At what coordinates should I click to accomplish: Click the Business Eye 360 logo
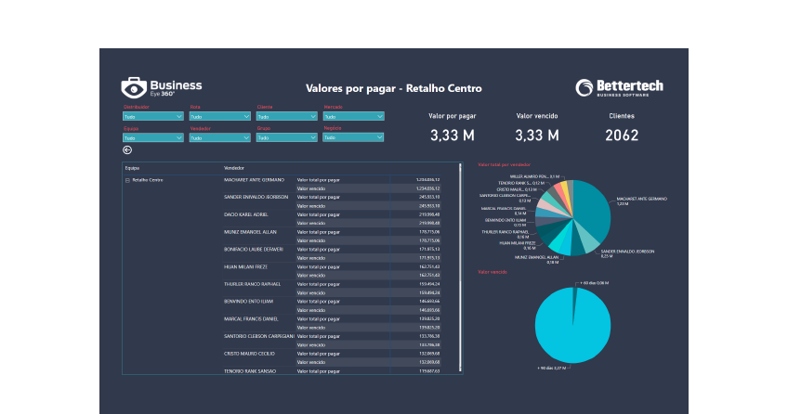click(x=162, y=88)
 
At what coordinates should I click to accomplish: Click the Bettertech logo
click(x=619, y=88)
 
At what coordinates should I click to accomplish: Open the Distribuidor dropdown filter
click(x=153, y=117)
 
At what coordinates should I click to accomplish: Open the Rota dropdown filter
click(x=219, y=117)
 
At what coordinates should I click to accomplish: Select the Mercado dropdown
click(x=353, y=117)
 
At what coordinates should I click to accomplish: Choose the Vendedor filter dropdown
click(x=219, y=137)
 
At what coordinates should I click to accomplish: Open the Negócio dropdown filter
click(x=353, y=137)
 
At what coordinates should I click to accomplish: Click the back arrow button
click(x=127, y=150)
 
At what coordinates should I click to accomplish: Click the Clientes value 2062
click(x=622, y=136)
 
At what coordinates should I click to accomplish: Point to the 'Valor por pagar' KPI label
click(x=453, y=117)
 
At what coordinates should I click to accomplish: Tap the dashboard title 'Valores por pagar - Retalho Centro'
click(x=394, y=89)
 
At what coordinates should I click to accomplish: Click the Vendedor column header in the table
click(x=234, y=168)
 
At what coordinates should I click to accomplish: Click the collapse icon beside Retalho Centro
click(x=126, y=179)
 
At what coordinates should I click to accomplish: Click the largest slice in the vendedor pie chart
click(x=590, y=209)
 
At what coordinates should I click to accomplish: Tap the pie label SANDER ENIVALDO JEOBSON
click(x=628, y=251)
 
